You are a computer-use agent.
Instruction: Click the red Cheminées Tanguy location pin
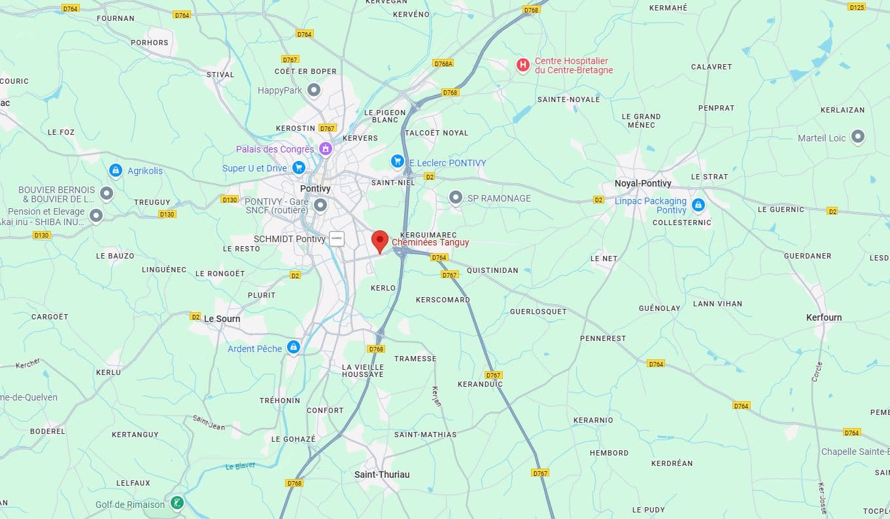[380, 240]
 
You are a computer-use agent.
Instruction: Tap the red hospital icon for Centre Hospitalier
[522, 65]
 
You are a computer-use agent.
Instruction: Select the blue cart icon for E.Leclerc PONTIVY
[397, 161]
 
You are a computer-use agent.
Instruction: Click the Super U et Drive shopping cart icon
[299, 168]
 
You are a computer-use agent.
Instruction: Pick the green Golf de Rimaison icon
[177, 503]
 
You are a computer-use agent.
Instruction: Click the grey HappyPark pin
[314, 90]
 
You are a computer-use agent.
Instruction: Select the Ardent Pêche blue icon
[294, 347]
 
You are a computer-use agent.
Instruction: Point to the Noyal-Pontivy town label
[643, 183]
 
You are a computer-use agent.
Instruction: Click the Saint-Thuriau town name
[382, 474]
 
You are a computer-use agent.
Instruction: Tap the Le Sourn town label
[222, 319]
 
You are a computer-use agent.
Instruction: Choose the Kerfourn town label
[824, 317]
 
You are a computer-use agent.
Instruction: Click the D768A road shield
[443, 63]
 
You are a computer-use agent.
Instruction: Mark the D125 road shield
[857, 7]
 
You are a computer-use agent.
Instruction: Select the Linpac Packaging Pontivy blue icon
[698, 205]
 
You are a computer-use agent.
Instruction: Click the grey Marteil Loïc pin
[858, 137]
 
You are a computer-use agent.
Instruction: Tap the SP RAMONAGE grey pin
[456, 197]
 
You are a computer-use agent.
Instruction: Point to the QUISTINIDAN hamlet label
[492, 270]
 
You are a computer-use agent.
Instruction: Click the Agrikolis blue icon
[116, 170]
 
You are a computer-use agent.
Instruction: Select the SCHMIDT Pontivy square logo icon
[337, 239]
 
